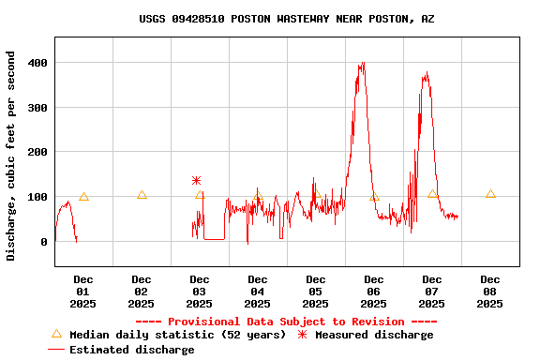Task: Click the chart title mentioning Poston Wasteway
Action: coord(286,19)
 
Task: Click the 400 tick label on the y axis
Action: coord(37,63)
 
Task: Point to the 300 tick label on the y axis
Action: coord(37,107)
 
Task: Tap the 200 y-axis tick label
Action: coord(37,152)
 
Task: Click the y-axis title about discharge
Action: coord(11,156)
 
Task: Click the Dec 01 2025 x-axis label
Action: coord(83,291)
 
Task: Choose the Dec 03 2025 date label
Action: coord(200,291)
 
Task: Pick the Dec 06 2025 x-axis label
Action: coord(374,291)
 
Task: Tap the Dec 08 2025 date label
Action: coord(490,291)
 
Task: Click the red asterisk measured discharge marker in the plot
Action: coord(196,180)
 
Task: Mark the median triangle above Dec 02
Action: coord(142,195)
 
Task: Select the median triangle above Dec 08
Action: coord(490,194)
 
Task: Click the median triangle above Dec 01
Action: coord(83,197)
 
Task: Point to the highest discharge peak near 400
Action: coord(362,64)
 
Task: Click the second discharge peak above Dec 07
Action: coord(427,73)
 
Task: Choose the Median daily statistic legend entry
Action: coord(169,335)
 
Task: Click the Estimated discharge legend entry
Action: coord(122,350)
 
